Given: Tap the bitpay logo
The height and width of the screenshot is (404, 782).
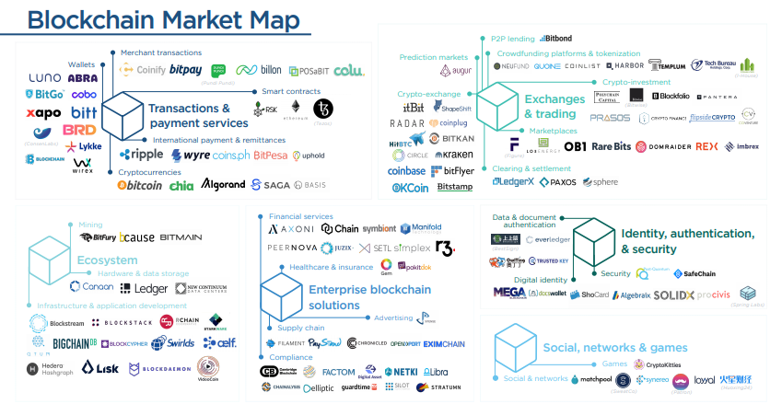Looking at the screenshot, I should point(185,70).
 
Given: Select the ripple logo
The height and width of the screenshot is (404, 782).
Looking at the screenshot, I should point(141,155).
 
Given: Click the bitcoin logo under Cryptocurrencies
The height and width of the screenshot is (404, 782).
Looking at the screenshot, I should point(140,185).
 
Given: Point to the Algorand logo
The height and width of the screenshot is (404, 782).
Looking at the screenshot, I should point(223,184).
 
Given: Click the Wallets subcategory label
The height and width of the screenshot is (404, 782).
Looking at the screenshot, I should point(81,64).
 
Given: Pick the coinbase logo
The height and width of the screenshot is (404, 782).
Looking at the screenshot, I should point(406,171).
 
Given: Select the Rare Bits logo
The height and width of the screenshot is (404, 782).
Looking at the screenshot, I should point(611,146).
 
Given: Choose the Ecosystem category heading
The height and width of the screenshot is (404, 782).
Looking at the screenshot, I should point(107,260).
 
